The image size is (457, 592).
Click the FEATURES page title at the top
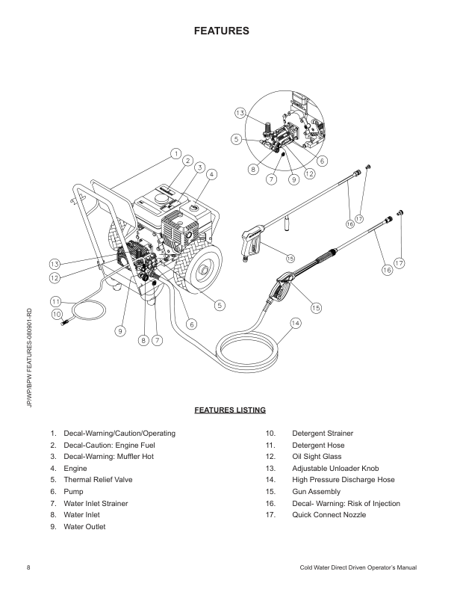pyautogui.click(x=221, y=31)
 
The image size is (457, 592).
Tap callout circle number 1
pyautogui.click(x=175, y=154)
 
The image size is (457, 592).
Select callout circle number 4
pyautogui.click(x=212, y=175)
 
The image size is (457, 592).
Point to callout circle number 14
pyautogui.click(x=295, y=323)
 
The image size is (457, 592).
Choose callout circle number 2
pyautogui.click(x=188, y=160)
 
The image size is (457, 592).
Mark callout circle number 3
pyautogui.click(x=200, y=167)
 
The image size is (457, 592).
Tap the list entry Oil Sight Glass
pyautogui.click(x=316, y=457)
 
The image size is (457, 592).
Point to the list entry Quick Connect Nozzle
pyautogui.click(x=329, y=515)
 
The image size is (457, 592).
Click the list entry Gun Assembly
pyautogui.click(x=316, y=492)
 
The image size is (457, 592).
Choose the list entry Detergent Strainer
pyautogui.click(x=323, y=434)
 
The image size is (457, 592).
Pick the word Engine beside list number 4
pyautogui.click(x=76, y=468)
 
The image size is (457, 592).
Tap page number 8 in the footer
pyautogui.click(x=28, y=570)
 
